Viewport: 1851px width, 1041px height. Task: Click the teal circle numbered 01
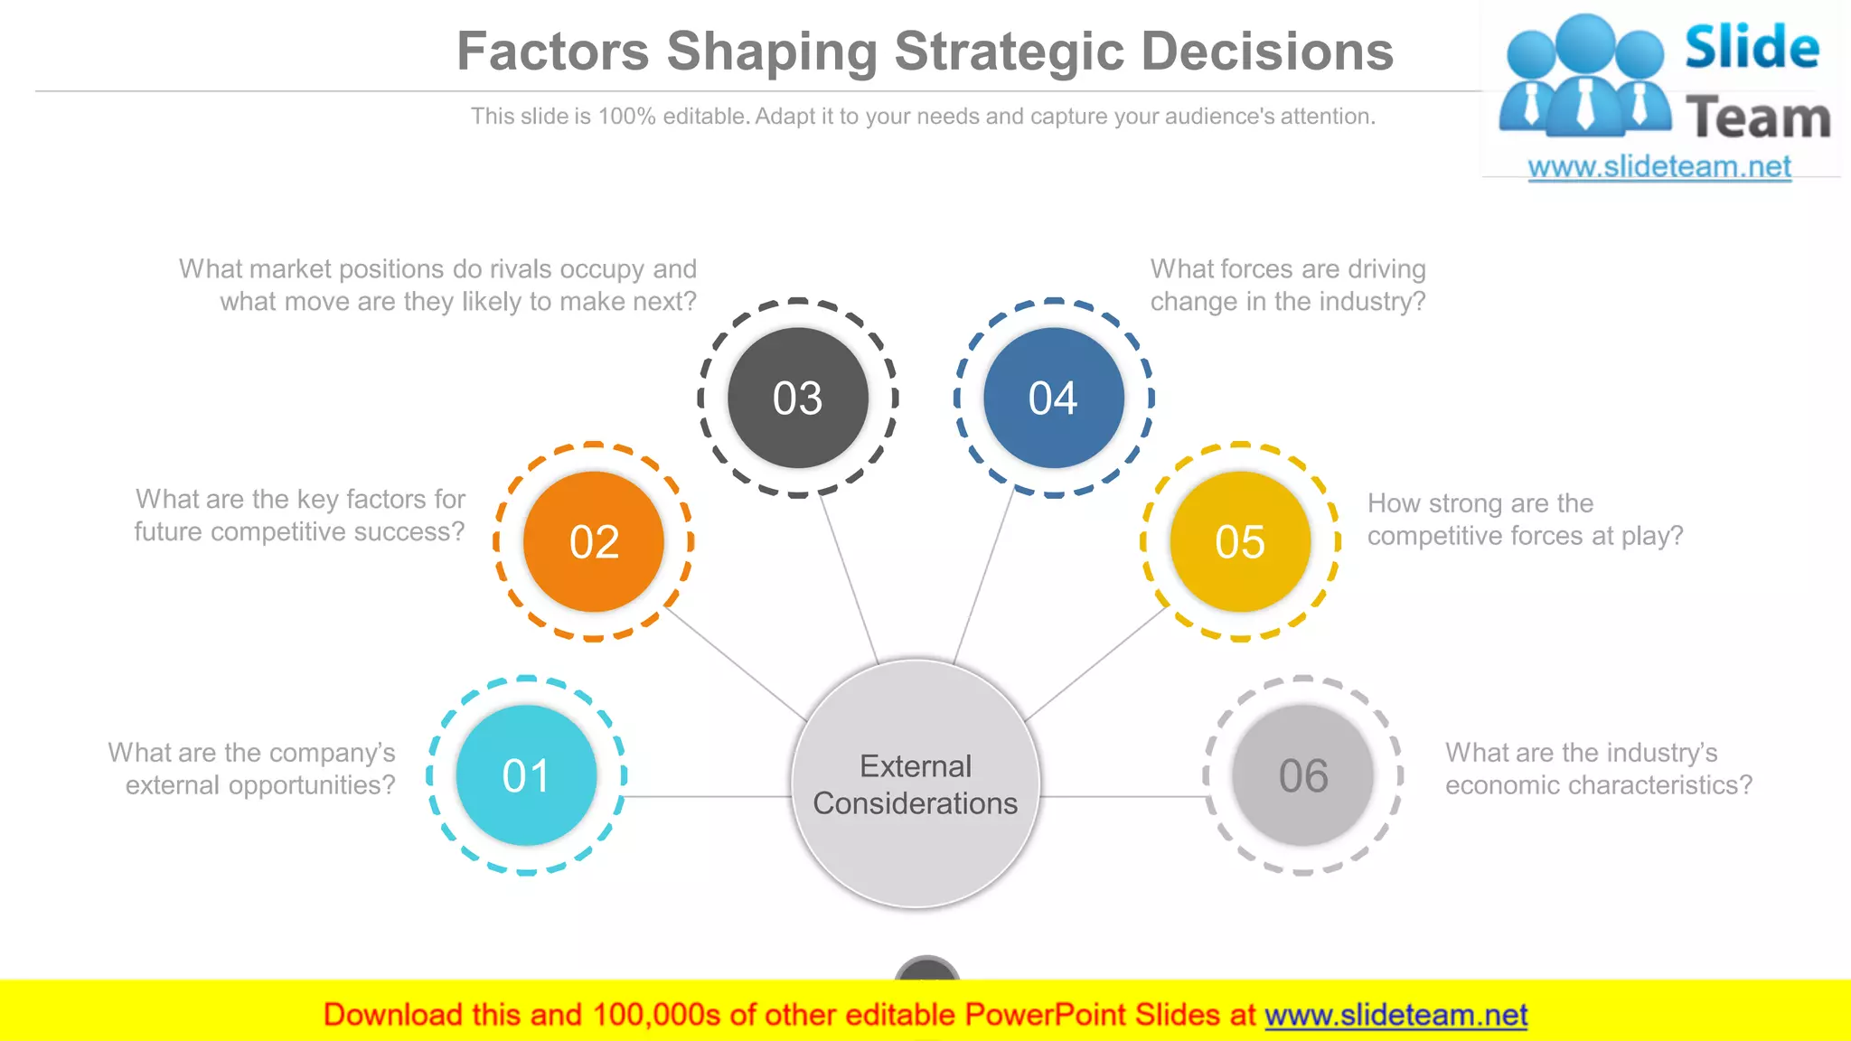click(526, 775)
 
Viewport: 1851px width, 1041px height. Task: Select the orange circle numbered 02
click(594, 542)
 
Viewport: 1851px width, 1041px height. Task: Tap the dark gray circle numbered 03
click(798, 398)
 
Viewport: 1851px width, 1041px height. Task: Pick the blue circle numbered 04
click(1054, 398)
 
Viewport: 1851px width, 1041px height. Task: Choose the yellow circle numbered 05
click(1240, 542)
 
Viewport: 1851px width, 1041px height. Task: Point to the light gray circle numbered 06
click(1302, 775)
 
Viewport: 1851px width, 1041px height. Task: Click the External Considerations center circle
click(916, 784)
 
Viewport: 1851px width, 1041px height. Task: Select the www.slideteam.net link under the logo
click(1659, 167)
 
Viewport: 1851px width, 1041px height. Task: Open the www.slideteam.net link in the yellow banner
click(1395, 1015)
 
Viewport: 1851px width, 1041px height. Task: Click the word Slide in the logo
click(1752, 48)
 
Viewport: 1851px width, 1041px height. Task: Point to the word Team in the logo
click(1758, 118)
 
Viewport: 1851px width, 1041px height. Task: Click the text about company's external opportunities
click(253, 769)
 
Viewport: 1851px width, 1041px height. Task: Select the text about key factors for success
click(300, 515)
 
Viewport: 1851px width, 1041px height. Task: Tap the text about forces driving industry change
click(1288, 286)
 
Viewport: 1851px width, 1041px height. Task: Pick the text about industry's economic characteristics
click(1598, 769)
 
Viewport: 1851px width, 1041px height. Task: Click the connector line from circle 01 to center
click(709, 797)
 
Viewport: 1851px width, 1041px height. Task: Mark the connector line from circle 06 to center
click(1123, 797)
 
